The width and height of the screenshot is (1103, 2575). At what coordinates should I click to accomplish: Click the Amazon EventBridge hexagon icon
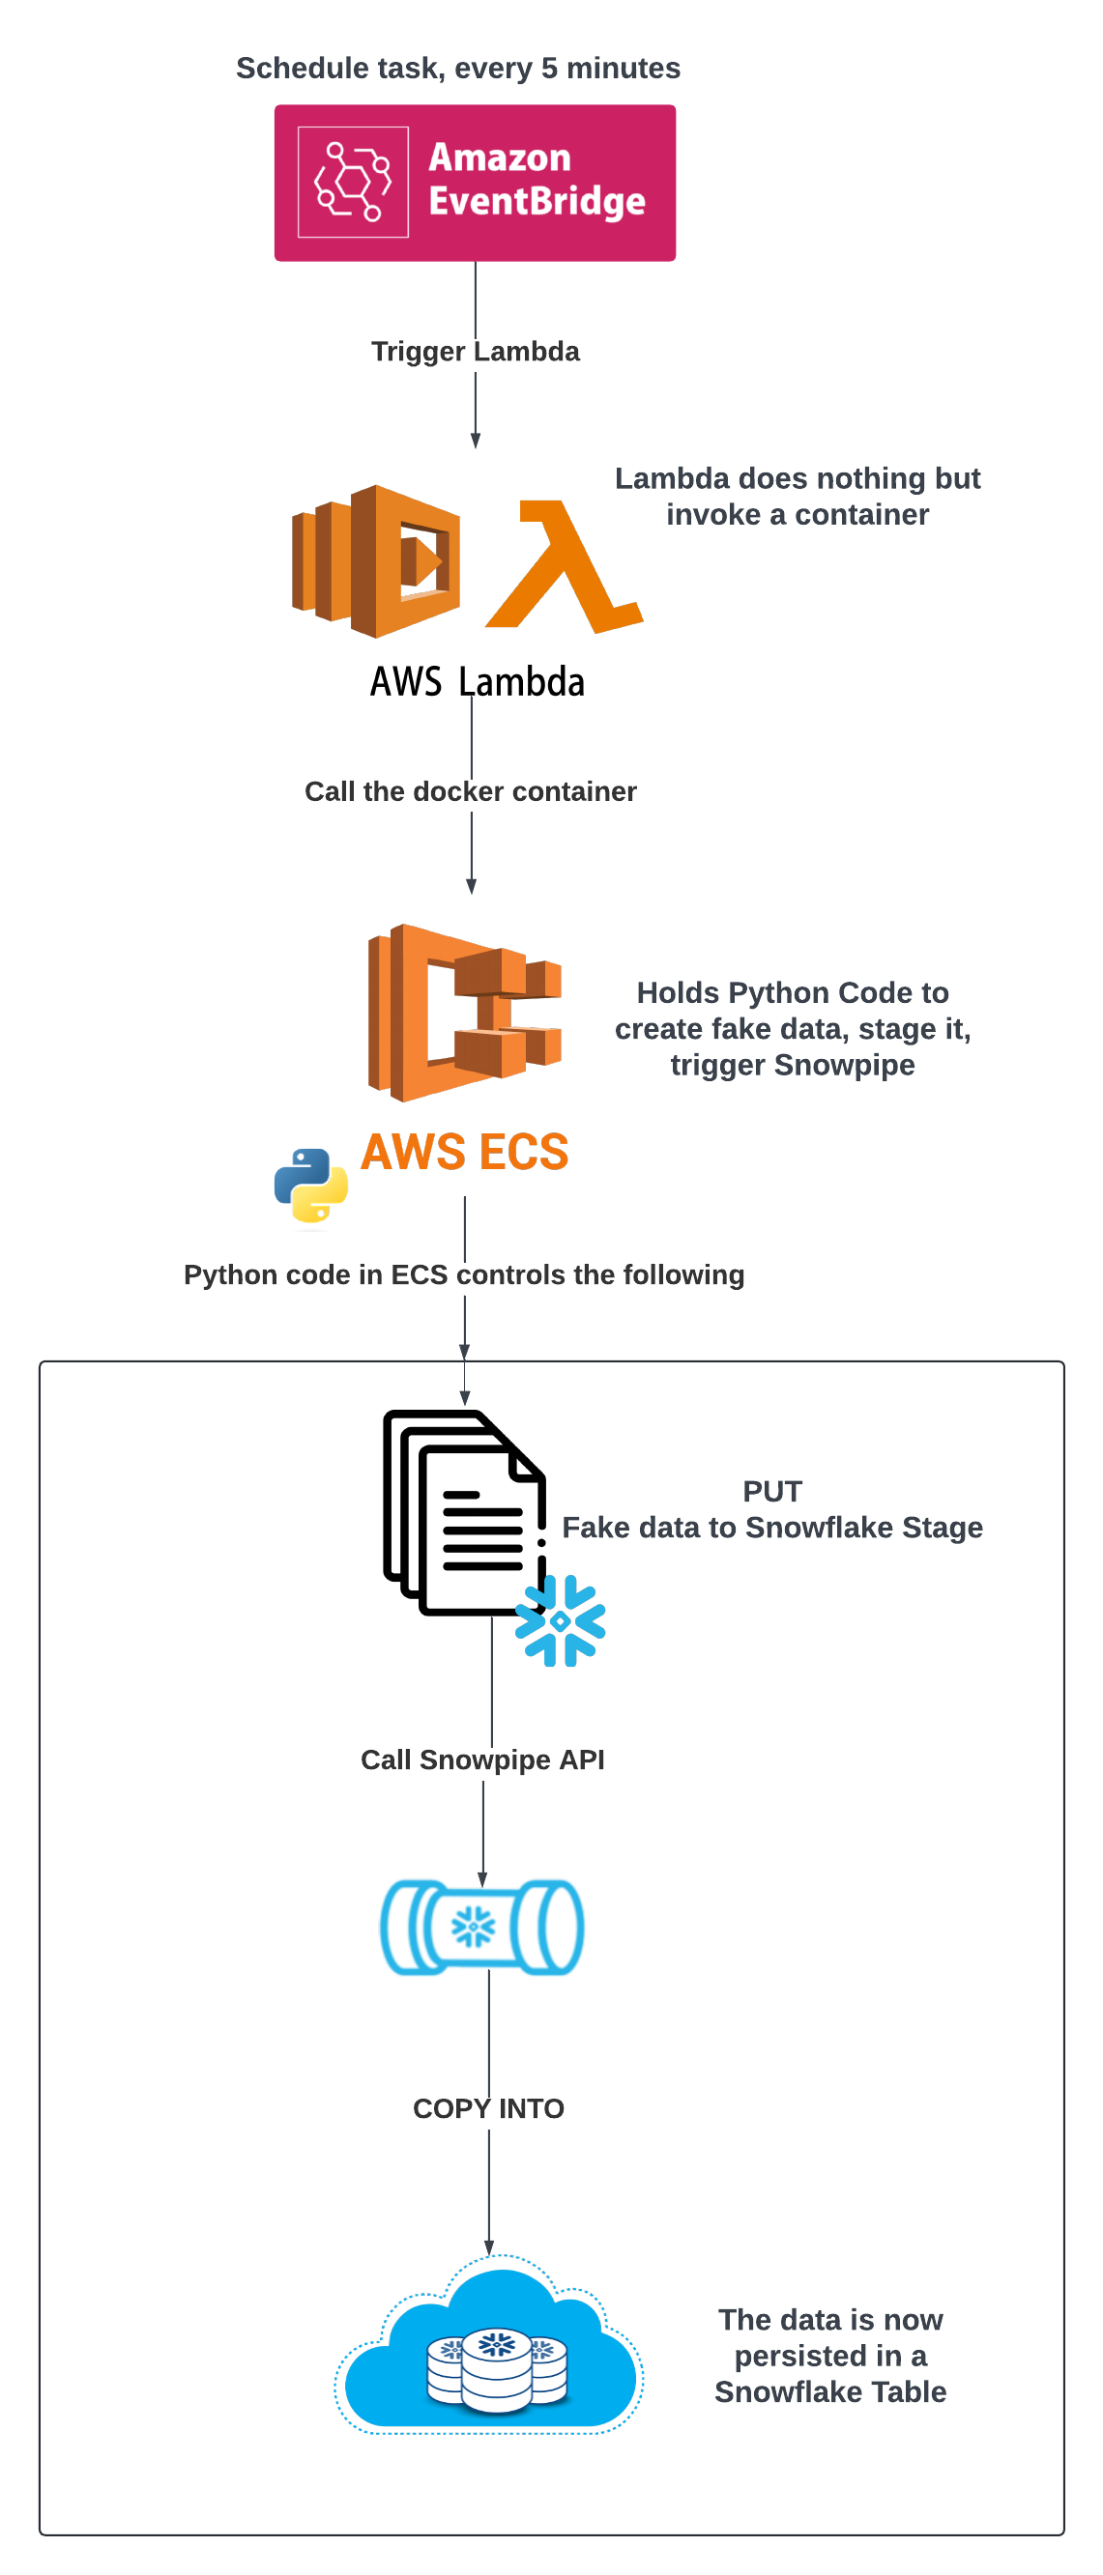(x=353, y=182)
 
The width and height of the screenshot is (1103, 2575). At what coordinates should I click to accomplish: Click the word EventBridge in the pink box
(x=537, y=202)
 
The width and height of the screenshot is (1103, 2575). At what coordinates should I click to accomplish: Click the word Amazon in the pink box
(x=499, y=157)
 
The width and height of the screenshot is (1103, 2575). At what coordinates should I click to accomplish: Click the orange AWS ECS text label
(x=465, y=1152)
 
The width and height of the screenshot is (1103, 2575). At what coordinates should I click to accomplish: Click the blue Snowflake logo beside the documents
(x=560, y=1620)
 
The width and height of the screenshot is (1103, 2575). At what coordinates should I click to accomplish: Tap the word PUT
(x=772, y=1492)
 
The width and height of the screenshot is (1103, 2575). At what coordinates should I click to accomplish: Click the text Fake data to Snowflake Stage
(x=772, y=1528)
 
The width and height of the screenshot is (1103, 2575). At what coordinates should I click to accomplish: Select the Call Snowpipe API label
(x=482, y=1760)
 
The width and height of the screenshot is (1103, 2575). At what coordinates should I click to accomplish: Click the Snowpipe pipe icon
(x=482, y=1927)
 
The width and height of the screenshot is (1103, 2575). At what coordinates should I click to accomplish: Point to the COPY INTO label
(x=488, y=2108)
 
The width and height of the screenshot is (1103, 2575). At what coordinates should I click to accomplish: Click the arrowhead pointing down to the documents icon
(x=464, y=1398)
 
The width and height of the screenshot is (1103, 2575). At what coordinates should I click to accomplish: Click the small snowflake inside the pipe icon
(x=473, y=1927)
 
